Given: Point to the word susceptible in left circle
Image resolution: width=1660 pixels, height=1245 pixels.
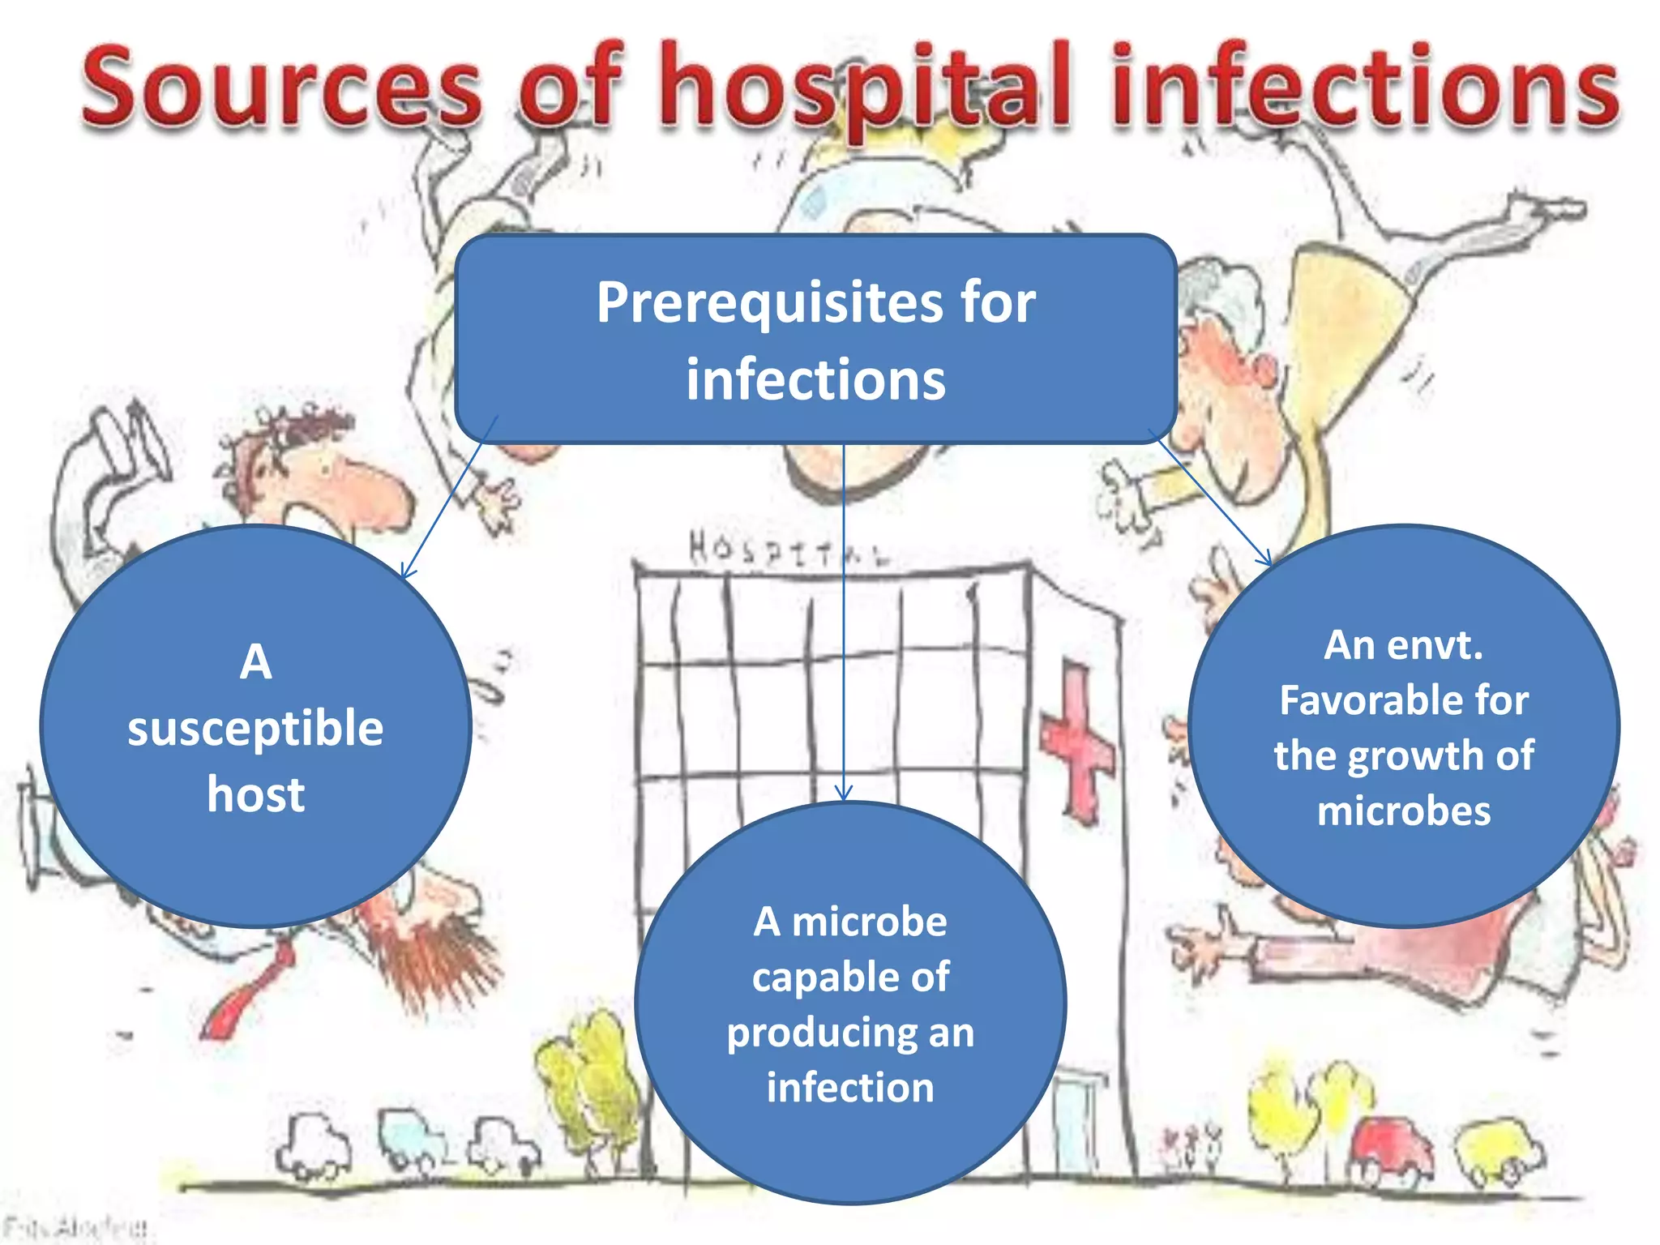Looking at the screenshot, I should pyautogui.click(x=255, y=728).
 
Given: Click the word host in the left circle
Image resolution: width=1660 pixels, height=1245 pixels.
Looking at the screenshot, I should pyautogui.click(x=255, y=794).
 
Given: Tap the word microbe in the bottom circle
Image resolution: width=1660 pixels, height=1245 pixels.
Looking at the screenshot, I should pyautogui.click(x=869, y=922).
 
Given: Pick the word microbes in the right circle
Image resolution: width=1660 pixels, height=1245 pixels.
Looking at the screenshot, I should pyautogui.click(x=1404, y=811).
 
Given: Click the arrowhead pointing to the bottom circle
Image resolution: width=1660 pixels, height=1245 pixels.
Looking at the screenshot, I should pyautogui.click(x=844, y=793).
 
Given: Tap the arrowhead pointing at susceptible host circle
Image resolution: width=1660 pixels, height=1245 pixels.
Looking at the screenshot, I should pyautogui.click(x=407, y=571).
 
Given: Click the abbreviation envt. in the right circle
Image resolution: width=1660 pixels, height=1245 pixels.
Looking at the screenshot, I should pyautogui.click(x=1435, y=646).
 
